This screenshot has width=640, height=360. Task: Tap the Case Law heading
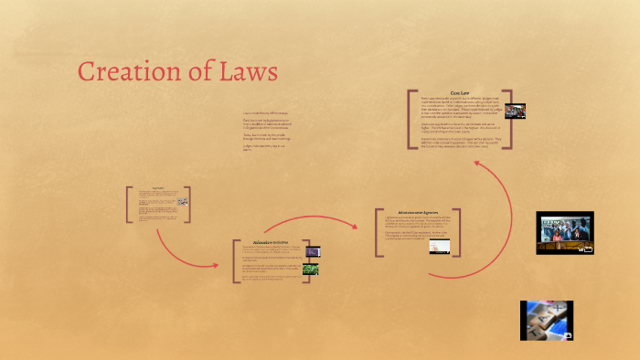click(x=460, y=92)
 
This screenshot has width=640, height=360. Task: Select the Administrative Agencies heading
click(x=417, y=211)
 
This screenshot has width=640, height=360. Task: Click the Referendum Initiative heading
click(x=272, y=242)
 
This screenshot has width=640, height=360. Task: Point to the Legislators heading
click(x=157, y=188)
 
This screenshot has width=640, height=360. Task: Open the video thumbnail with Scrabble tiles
click(x=546, y=320)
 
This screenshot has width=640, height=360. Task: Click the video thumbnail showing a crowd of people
click(x=564, y=233)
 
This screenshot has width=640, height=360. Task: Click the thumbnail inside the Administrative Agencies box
click(x=440, y=245)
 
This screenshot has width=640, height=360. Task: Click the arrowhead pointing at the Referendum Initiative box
click(x=216, y=266)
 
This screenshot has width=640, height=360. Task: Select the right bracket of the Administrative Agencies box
click(x=458, y=231)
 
